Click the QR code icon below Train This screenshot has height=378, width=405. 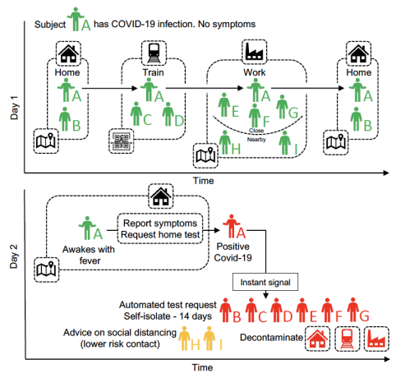[x=121, y=141]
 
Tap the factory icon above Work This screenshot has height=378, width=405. [x=254, y=52]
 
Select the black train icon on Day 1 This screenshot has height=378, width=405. [x=154, y=53]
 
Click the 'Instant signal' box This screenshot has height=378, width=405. [x=265, y=282]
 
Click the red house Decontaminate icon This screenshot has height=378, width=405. [x=317, y=339]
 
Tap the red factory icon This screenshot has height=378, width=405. [x=376, y=339]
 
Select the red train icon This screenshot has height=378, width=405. [x=347, y=339]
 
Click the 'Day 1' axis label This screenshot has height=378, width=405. [x=14, y=108]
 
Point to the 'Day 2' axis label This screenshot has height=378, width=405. [x=14, y=256]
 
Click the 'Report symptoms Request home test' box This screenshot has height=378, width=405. [x=160, y=228]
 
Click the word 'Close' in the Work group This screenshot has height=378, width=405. [x=256, y=131]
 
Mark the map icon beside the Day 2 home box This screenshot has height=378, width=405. [x=46, y=270]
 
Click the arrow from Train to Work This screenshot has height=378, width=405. [x=205, y=88]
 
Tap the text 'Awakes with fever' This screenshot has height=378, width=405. [x=89, y=255]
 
